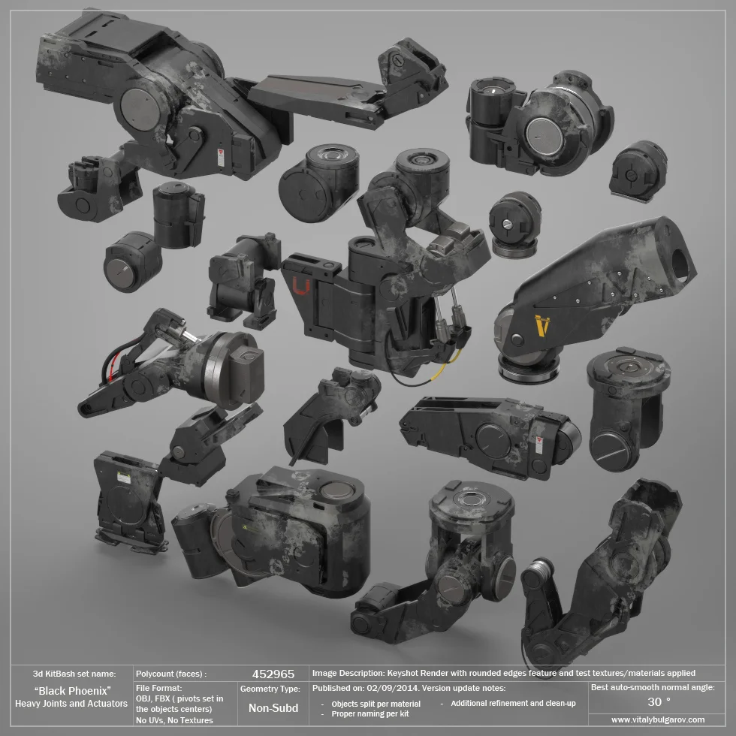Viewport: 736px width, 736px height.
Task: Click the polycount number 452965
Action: pos(273,674)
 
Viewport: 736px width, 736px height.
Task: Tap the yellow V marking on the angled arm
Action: pos(542,325)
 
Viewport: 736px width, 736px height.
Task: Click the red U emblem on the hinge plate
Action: pos(301,286)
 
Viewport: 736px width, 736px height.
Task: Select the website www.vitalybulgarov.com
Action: pos(658,719)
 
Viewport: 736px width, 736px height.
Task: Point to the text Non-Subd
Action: pos(273,707)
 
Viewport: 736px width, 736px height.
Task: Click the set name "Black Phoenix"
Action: pos(72,691)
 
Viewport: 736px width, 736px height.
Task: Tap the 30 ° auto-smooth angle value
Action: pos(659,702)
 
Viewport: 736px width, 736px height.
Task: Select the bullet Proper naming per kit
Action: pos(370,714)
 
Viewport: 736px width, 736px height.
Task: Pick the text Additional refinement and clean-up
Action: pos(513,703)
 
